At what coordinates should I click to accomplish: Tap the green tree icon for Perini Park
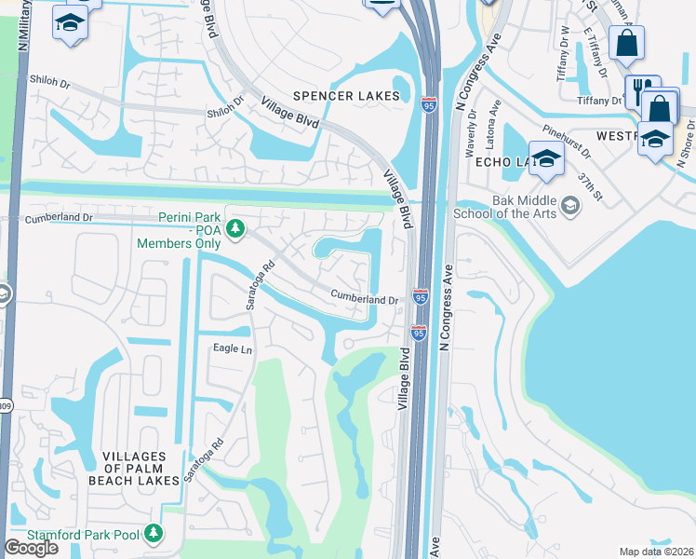point(236,226)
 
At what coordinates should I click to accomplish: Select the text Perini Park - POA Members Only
point(179,234)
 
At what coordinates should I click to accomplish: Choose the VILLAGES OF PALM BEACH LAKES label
point(133,469)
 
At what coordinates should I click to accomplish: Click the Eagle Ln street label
point(233,348)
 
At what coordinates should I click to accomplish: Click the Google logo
point(31,548)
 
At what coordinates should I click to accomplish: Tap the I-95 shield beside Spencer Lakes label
point(428,104)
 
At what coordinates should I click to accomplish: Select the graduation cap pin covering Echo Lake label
point(546,158)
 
